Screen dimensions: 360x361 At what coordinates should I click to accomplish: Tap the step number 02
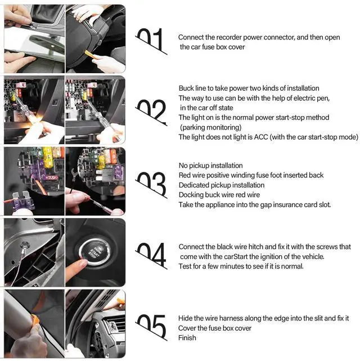click(151, 112)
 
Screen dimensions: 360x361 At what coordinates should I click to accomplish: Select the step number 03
click(151, 184)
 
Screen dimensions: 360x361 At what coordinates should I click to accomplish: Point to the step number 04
click(151, 255)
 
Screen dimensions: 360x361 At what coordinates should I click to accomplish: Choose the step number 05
click(151, 326)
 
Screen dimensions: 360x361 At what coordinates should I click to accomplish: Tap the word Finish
click(187, 338)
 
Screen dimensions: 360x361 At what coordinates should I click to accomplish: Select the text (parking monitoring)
click(210, 127)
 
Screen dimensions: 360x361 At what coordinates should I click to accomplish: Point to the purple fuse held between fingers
click(22, 200)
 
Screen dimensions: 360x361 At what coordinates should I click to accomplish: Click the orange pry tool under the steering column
click(90, 54)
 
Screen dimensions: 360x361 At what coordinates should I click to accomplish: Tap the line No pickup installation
click(210, 166)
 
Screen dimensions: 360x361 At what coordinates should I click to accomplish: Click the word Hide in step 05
click(185, 318)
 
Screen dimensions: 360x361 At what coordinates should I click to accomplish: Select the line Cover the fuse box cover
click(215, 328)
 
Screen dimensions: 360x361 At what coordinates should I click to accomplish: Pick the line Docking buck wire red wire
click(219, 195)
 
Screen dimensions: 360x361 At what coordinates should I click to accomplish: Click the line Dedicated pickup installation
click(222, 185)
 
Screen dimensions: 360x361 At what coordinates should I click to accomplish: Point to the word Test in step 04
click(185, 266)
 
